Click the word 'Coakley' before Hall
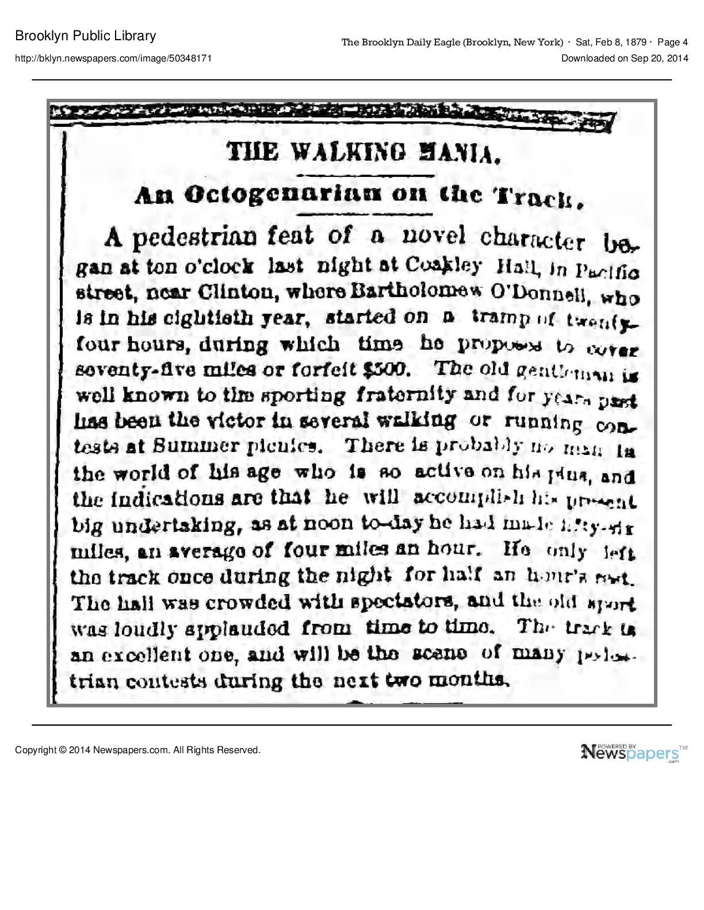[443, 265]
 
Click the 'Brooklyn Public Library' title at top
[86, 36]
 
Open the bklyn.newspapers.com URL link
[113, 58]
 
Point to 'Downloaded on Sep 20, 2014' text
[625, 58]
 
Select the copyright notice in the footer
[138, 750]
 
